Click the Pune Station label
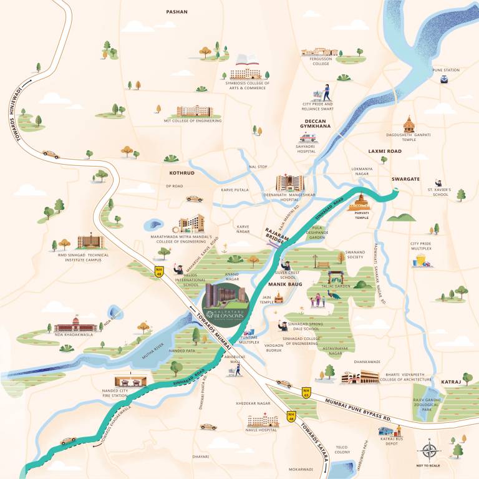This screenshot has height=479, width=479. pyautogui.click(x=446, y=70)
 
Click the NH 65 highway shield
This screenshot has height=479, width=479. pyautogui.click(x=306, y=393)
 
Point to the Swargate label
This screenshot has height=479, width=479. pyautogui.click(x=405, y=179)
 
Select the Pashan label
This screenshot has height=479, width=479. pyautogui.click(x=177, y=12)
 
